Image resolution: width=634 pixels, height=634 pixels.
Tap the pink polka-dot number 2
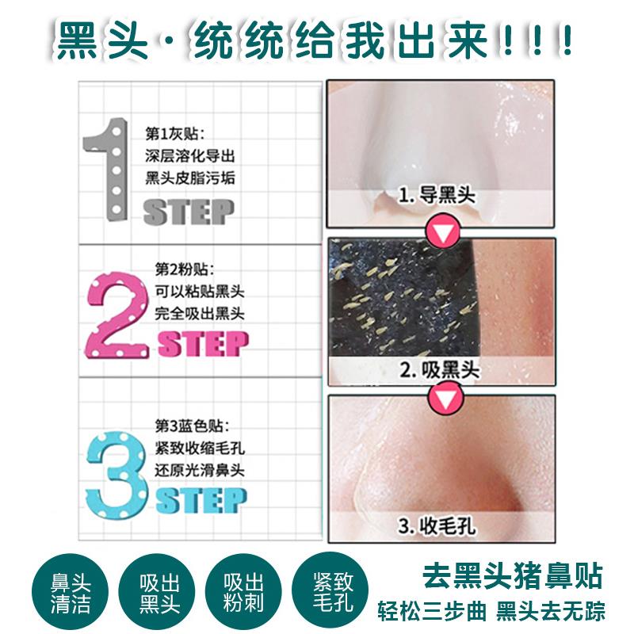point(117,315)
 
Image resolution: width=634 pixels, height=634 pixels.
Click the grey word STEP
point(189,212)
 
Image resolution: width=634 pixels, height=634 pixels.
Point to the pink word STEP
point(203,344)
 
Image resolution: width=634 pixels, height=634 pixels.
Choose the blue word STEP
point(201,500)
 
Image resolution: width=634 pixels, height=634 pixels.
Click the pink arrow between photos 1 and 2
point(444,231)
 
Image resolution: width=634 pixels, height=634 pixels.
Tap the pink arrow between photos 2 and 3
point(445,400)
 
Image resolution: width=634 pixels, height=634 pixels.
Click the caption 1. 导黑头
point(437,196)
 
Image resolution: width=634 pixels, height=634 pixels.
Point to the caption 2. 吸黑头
point(440,369)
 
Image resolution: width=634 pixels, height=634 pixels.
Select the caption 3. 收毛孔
point(437,526)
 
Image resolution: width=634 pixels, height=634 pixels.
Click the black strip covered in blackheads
point(404,300)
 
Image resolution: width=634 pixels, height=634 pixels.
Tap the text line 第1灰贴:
point(174,133)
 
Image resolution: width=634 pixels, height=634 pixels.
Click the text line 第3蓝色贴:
point(192,426)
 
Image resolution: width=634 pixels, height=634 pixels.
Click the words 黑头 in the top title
point(102,40)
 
